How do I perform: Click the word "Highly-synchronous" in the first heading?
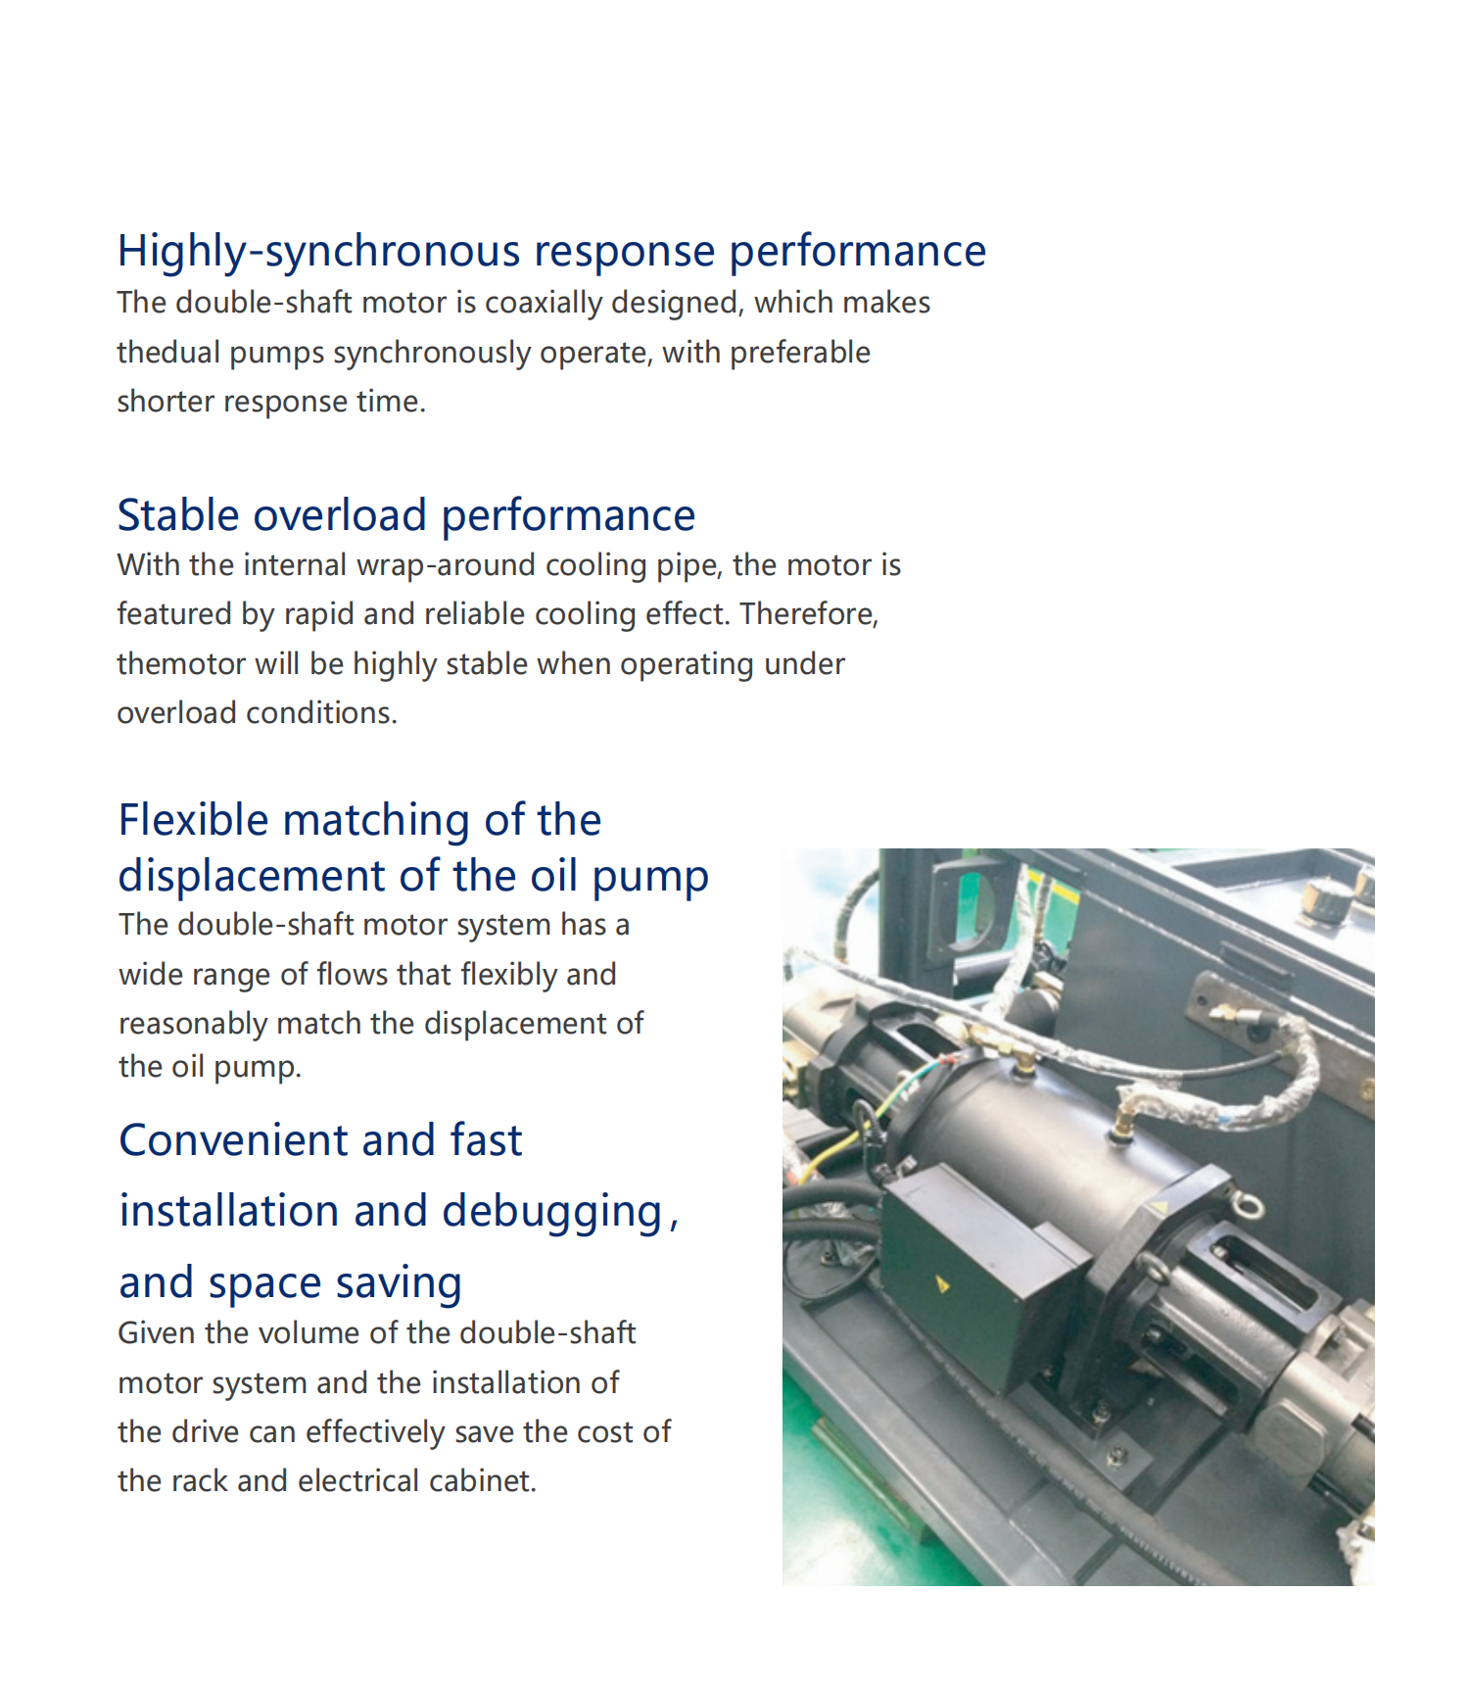pos(319,252)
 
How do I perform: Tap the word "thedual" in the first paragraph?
pos(168,352)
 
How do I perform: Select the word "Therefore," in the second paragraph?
pos(809,614)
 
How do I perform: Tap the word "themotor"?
pos(181,664)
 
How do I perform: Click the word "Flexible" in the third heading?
pos(195,820)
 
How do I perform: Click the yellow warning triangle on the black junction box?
pos(942,1284)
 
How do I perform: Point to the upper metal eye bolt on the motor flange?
pos(1248,1204)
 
